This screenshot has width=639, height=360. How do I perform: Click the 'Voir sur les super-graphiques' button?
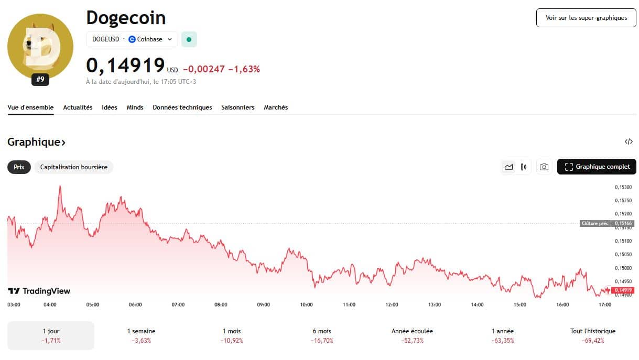tap(586, 18)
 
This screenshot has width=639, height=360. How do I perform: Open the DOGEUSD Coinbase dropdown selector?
tap(132, 39)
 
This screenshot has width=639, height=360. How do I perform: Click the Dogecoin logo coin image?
tap(40, 47)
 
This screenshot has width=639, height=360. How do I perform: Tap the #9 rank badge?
tap(40, 80)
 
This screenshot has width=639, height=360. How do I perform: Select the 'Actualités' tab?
tap(78, 107)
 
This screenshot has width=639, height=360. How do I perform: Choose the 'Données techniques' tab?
tap(182, 107)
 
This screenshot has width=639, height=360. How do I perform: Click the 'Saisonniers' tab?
tap(237, 107)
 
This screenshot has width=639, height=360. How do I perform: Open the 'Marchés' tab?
tap(276, 107)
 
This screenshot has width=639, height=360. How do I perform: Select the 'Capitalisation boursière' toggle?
tap(74, 167)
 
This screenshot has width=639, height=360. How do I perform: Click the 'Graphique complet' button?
tap(597, 167)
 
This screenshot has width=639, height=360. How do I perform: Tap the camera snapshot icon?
tap(544, 167)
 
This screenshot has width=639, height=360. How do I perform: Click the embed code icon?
tap(629, 141)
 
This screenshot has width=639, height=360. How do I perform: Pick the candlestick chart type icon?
tap(524, 167)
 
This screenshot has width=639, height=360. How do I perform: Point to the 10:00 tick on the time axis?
tap(306, 304)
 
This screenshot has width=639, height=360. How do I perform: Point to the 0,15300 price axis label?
tap(623, 187)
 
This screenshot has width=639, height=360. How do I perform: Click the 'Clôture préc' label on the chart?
tap(595, 223)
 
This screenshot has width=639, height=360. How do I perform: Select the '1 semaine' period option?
tap(141, 335)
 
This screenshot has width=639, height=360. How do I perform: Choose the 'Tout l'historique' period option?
tap(593, 335)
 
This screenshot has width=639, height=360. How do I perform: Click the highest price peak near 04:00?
tap(60, 186)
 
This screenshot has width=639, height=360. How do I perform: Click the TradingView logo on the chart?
tap(39, 291)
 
